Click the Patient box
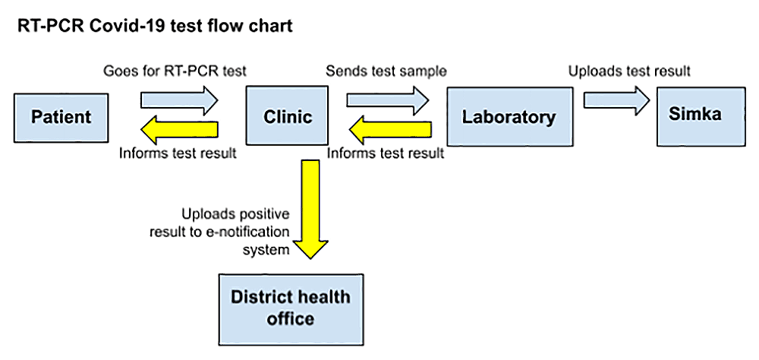[x=61, y=118]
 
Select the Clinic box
[x=288, y=115]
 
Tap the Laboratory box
[x=509, y=116]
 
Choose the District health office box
[x=291, y=309]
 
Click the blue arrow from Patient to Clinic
[x=180, y=101]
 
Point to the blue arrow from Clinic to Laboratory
[x=388, y=101]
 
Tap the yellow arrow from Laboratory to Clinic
[x=390, y=130]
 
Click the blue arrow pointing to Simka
[x=616, y=101]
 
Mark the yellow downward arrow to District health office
[x=310, y=210]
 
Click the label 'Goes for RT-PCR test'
[x=175, y=71]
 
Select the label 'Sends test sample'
[x=386, y=71]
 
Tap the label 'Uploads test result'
[x=629, y=71]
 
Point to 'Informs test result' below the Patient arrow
[x=178, y=153]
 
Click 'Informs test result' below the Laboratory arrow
[x=386, y=153]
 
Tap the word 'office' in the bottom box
[x=291, y=319]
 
